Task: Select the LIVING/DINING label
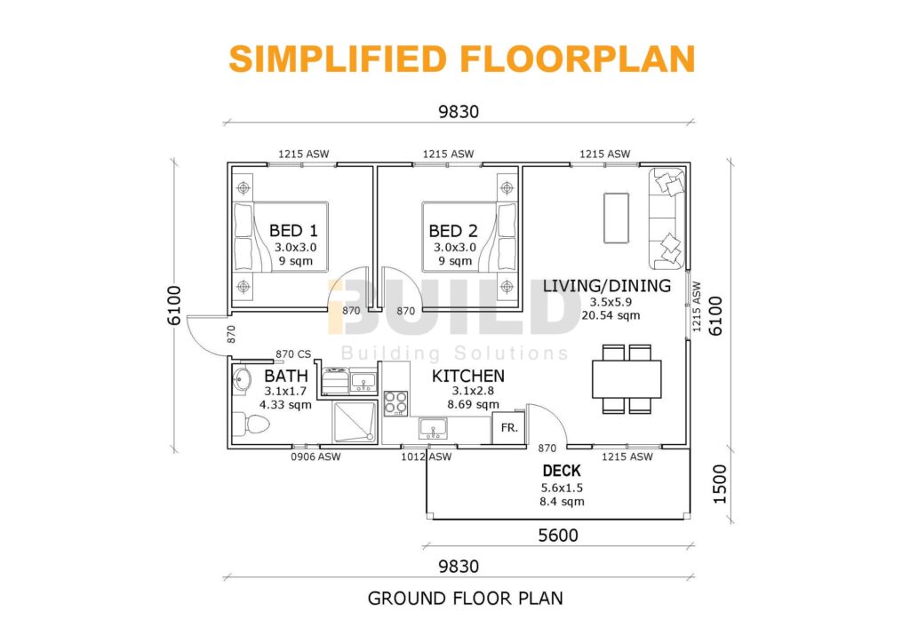607,285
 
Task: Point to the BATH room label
285,376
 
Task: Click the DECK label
561,471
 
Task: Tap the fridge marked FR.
509,427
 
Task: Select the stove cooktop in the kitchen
395,404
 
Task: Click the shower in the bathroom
354,422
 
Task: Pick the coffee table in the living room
615,218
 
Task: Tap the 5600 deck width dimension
558,536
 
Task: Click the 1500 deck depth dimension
719,484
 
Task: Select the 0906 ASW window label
316,456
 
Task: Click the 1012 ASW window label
427,456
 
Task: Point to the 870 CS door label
292,353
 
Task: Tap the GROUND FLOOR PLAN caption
465,598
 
